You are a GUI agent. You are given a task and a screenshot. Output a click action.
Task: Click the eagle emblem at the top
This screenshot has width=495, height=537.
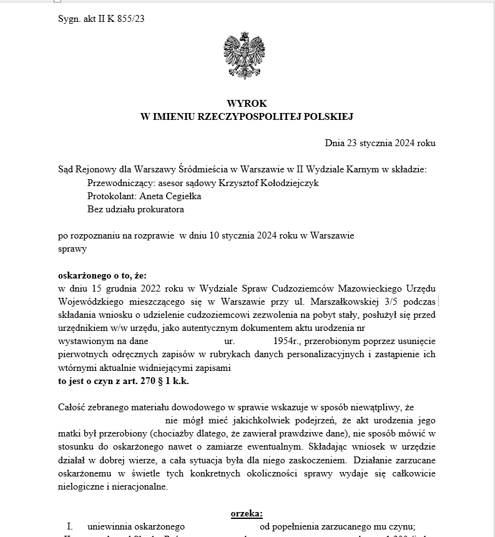pos(247,56)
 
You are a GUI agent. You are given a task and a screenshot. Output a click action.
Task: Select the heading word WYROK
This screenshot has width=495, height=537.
pos(247,103)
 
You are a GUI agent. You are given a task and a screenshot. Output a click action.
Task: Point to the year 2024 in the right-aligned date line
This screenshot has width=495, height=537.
pos(405,143)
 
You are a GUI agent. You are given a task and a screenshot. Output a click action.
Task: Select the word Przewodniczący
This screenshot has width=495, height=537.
pos(117,182)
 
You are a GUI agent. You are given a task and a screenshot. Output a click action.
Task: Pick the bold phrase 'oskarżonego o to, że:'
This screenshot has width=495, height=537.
pos(100,275)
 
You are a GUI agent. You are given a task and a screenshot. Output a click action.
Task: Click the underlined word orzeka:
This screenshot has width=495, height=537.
pos(247,513)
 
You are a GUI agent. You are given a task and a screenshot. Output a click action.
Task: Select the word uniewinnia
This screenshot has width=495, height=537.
pos(110,526)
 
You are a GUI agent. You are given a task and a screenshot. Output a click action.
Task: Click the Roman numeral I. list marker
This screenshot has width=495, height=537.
pos(70,526)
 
